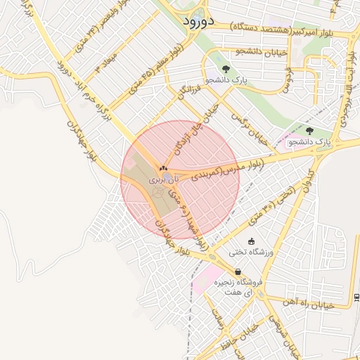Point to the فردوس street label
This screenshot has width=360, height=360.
tap(287, 83)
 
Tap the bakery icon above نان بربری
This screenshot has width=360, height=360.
tap(164, 169)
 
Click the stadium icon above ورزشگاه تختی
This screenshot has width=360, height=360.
tap(251, 241)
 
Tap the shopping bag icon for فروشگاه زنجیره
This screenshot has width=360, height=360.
tap(238, 272)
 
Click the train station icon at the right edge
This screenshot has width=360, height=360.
tap(357, 296)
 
